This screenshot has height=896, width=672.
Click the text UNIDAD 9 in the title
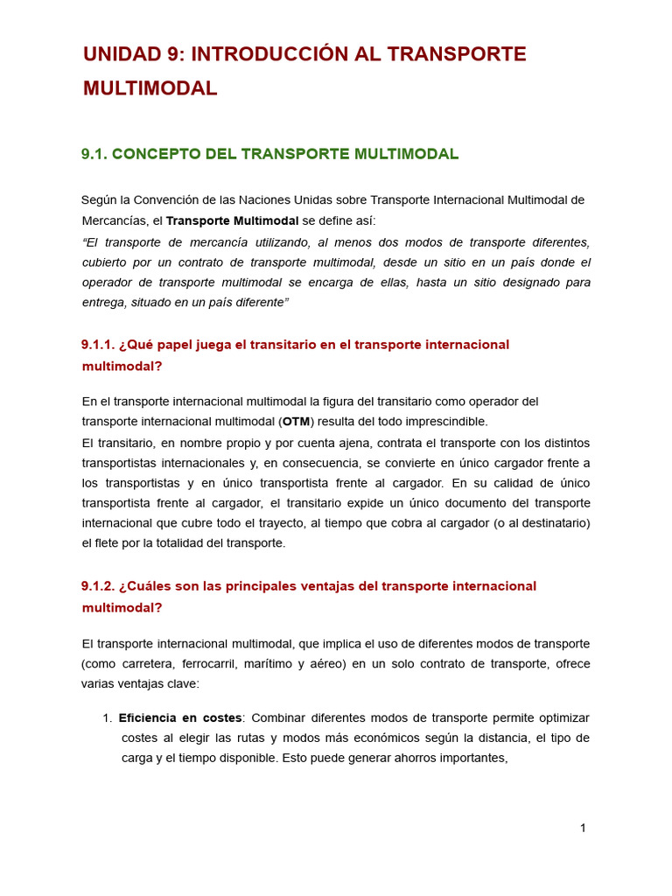coord(132,54)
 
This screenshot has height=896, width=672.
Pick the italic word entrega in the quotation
coord(103,302)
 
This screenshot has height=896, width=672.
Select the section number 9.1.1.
coord(99,345)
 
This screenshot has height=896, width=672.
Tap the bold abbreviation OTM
coord(296,422)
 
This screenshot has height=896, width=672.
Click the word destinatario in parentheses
coord(552,523)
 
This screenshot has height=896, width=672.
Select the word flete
coord(116,543)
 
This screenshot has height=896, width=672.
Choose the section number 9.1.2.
coord(99,586)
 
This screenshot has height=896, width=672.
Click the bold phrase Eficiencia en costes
coord(180,717)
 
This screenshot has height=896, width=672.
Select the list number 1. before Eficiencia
coord(107,717)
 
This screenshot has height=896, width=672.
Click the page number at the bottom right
coord(583,828)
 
